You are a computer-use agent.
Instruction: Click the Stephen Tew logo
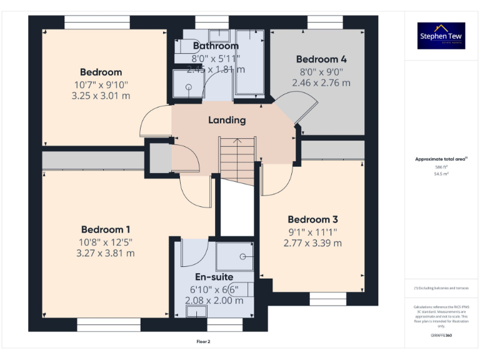pyautogui.click(x=441, y=36)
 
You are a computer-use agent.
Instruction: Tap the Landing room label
pyautogui.click(x=227, y=120)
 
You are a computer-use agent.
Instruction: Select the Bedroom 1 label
pyautogui.click(x=106, y=229)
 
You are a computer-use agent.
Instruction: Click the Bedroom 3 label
pyautogui.click(x=312, y=219)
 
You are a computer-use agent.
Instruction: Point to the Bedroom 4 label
pyautogui.click(x=321, y=59)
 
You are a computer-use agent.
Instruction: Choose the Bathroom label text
pyautogui.click(x=216, y=46)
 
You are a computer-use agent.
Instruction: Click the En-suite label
pyautogui.click(x=214, y=277)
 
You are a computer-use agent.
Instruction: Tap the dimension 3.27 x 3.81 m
pyautogui.click(x=106, y=253)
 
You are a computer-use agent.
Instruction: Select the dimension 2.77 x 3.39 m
pyautogui.click(x=312, y=243)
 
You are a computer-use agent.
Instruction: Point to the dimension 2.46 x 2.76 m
pyautogui.click(x=321, y=82)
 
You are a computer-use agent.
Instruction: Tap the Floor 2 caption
pyautogui.click(x=204, y=342)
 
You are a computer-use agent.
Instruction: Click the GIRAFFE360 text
pyautogui.click(x=441, y=336)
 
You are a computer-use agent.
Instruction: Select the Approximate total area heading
pyautogui.click(x=441, y=159)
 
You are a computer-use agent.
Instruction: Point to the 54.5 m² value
pyautogui.click(x=441, y=174)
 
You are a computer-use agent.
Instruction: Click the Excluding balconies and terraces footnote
pyautogui.click(x=441, y=288)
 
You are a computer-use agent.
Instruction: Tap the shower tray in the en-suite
pyautogui.click(x=235, y=256)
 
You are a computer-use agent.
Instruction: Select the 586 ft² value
pyautogui.click(x=441, y=167)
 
